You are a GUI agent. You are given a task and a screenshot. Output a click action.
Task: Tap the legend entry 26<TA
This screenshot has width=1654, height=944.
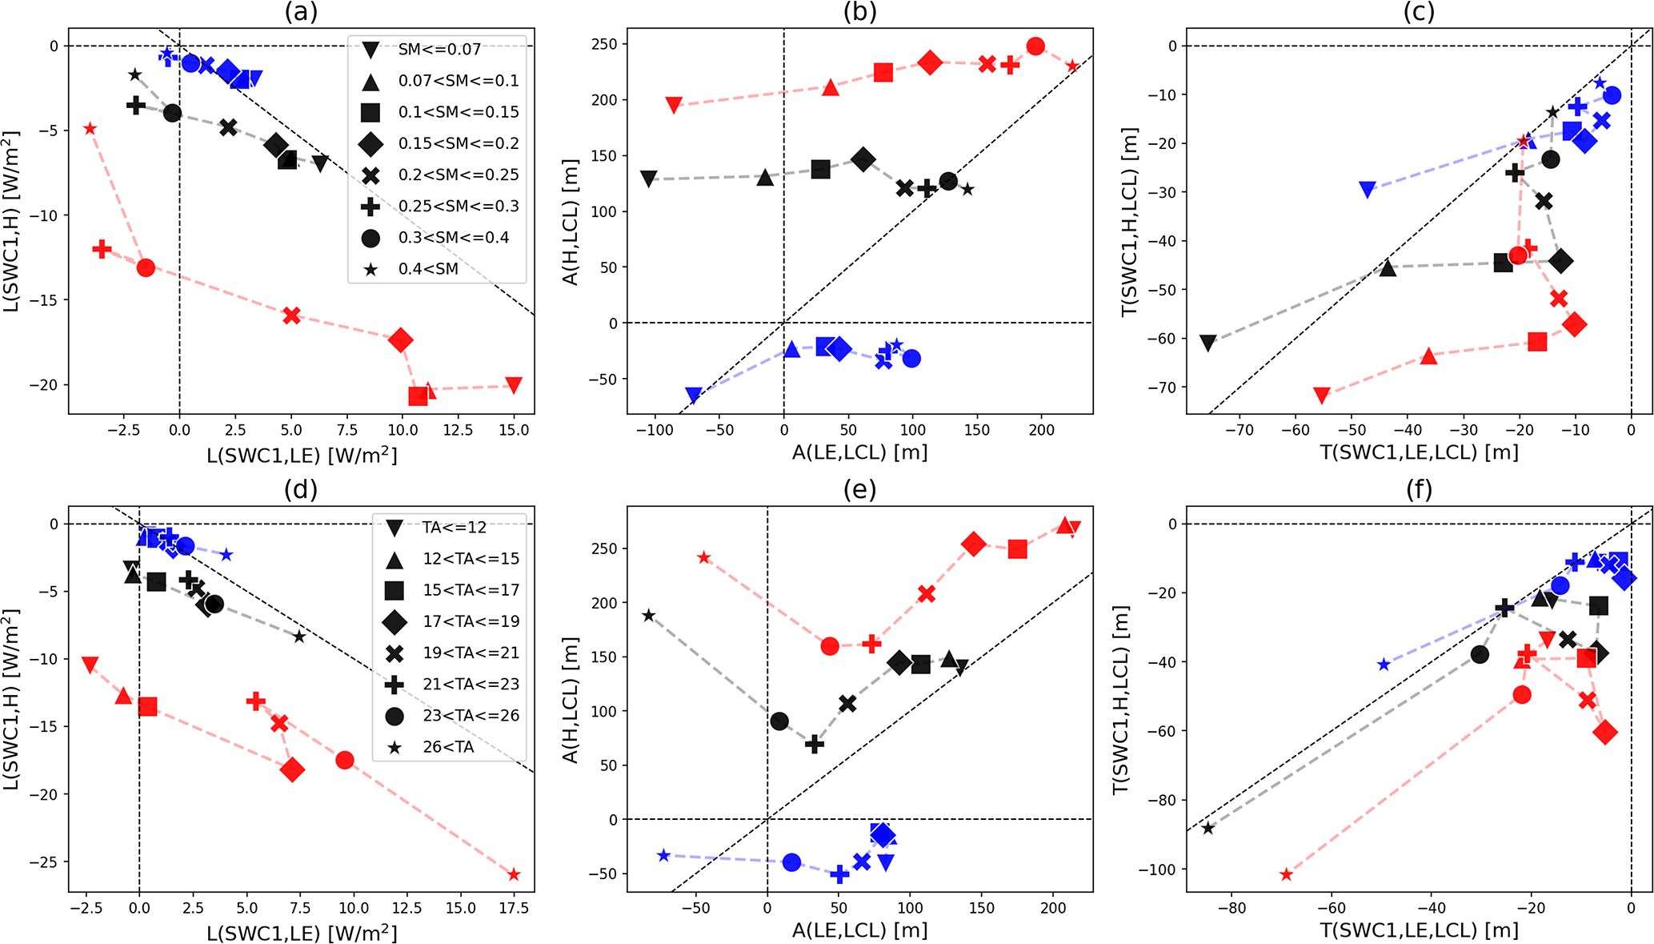448,747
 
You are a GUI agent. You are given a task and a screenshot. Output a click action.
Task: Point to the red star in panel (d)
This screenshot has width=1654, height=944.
514,875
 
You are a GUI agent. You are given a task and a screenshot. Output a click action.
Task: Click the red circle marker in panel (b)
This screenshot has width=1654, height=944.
1035,46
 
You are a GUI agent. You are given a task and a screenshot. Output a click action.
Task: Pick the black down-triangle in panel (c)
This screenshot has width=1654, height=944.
1208,343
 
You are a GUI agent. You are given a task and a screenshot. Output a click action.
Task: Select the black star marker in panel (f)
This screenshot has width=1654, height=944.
1208,828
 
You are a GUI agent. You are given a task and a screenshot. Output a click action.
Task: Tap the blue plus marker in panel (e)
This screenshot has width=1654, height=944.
839,874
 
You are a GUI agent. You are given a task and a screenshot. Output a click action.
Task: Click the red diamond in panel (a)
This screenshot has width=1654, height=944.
401,340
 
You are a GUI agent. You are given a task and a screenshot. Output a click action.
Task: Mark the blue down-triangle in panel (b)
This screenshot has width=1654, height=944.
694,395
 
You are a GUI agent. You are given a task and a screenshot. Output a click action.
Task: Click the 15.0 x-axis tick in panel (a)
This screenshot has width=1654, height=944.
514,430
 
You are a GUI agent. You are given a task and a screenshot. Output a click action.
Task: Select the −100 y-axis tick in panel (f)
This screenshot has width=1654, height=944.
1161,870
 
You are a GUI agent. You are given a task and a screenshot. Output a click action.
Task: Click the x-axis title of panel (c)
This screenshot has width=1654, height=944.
1419,453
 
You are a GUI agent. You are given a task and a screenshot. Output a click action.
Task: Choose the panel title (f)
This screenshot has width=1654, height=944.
1419,489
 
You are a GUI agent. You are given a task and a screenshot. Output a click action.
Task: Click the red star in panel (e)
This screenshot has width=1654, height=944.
704,557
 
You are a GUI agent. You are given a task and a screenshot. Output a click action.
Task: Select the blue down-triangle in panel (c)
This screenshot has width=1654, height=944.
1368,190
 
